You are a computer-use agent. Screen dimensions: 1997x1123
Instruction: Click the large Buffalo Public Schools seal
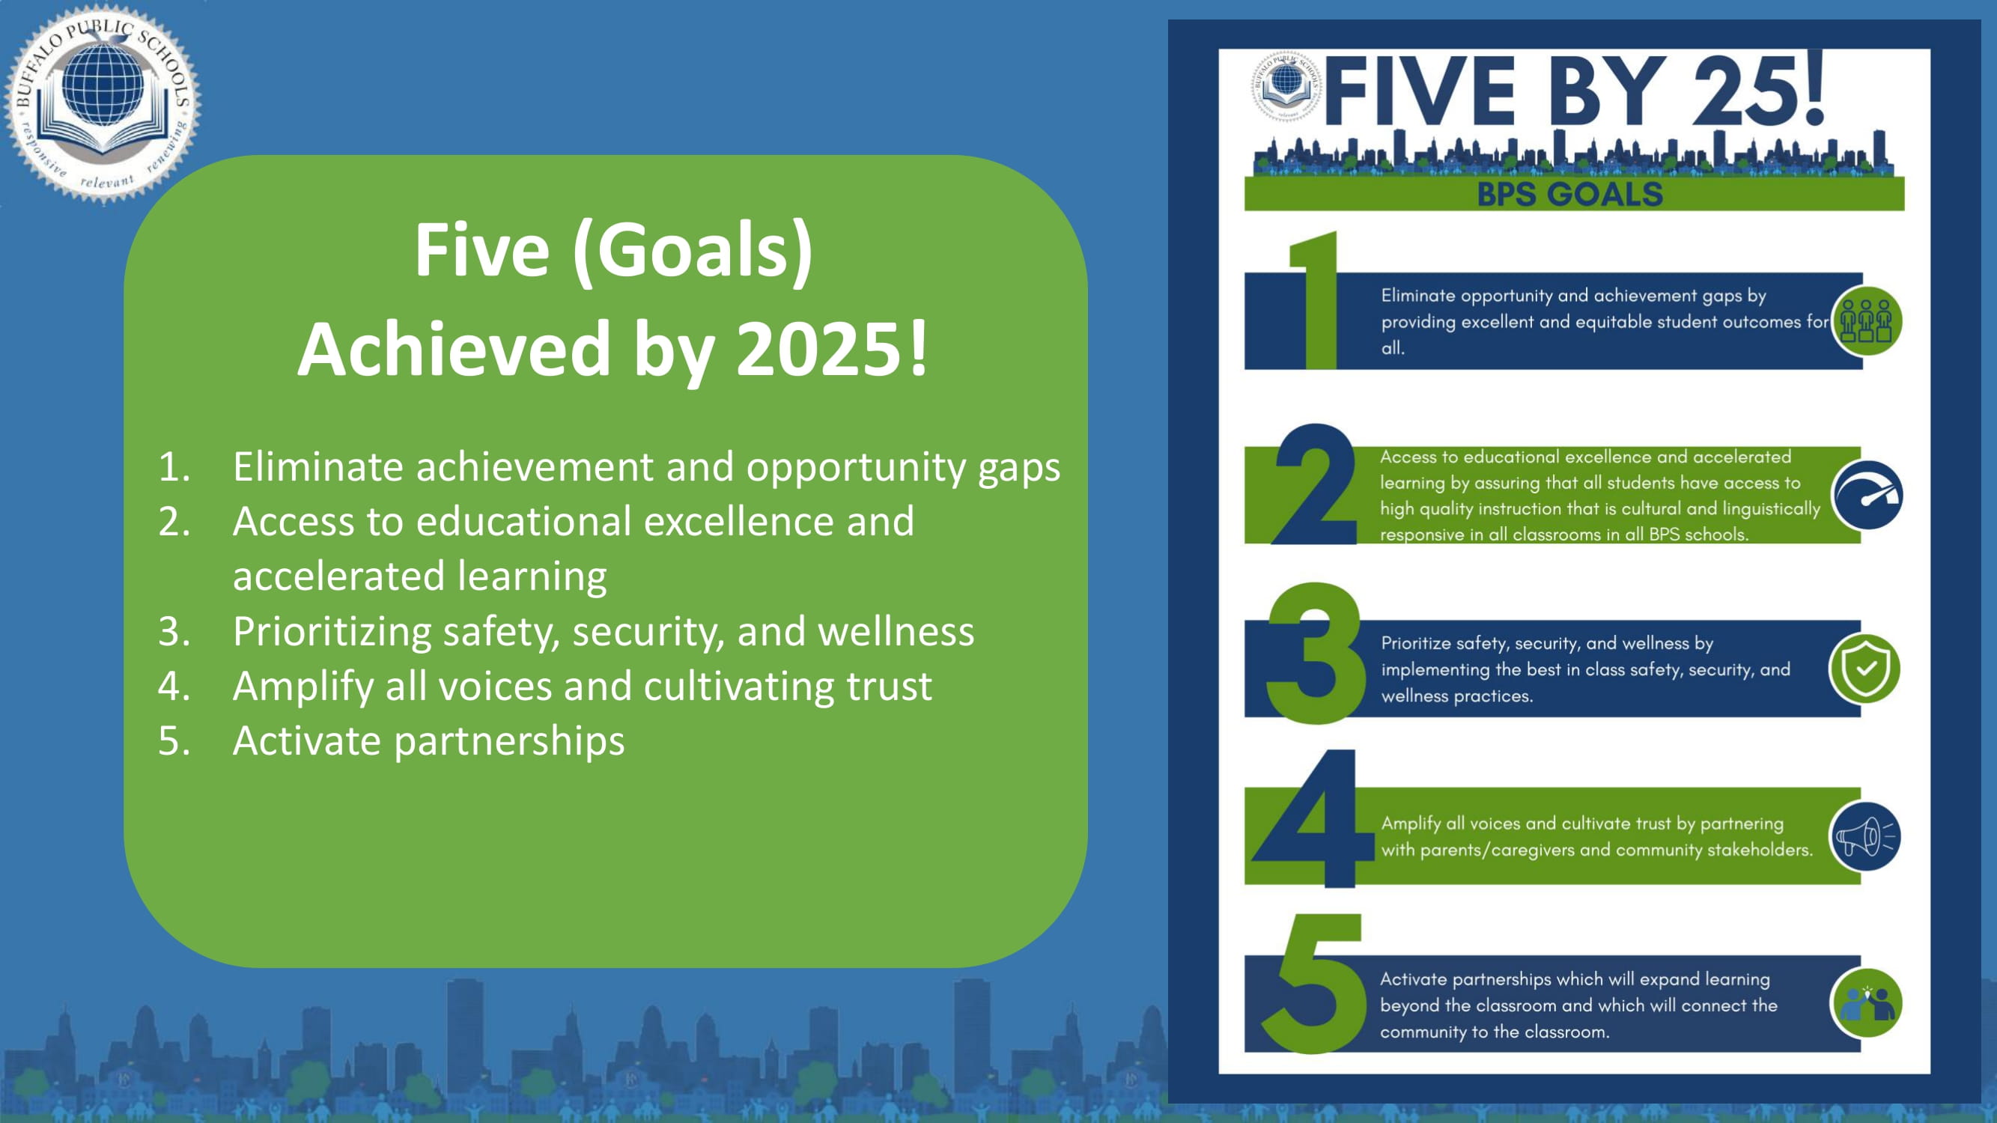point(103,103)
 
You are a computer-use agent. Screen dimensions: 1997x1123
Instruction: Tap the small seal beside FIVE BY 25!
point(1287,86)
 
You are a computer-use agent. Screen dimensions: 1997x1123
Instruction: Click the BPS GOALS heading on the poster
point(1570,194)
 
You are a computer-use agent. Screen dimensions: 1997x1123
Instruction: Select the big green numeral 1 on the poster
point(1314,299)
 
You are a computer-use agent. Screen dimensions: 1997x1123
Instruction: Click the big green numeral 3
point(1316,653)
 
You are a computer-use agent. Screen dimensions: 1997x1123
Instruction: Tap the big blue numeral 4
point(1312,818)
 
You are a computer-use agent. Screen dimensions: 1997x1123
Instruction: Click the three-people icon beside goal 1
point(1866,321)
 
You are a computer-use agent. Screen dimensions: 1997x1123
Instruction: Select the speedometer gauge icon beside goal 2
point(1866,494)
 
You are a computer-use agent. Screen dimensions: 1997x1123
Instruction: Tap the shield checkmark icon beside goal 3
point(1864,668)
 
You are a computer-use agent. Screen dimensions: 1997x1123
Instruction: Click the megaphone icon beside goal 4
point(1866,836)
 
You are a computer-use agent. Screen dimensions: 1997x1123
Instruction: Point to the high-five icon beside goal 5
point(1866,1003)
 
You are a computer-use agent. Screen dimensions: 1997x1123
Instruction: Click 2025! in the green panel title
point(831,350)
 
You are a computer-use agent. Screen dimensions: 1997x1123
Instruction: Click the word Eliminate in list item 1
point(319,466)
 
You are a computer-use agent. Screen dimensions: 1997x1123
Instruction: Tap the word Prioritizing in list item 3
point(332,633)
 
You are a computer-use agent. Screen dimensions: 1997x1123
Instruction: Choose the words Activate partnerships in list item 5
point(429,742)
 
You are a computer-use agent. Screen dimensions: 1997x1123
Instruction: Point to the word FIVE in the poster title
point(1420,91)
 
